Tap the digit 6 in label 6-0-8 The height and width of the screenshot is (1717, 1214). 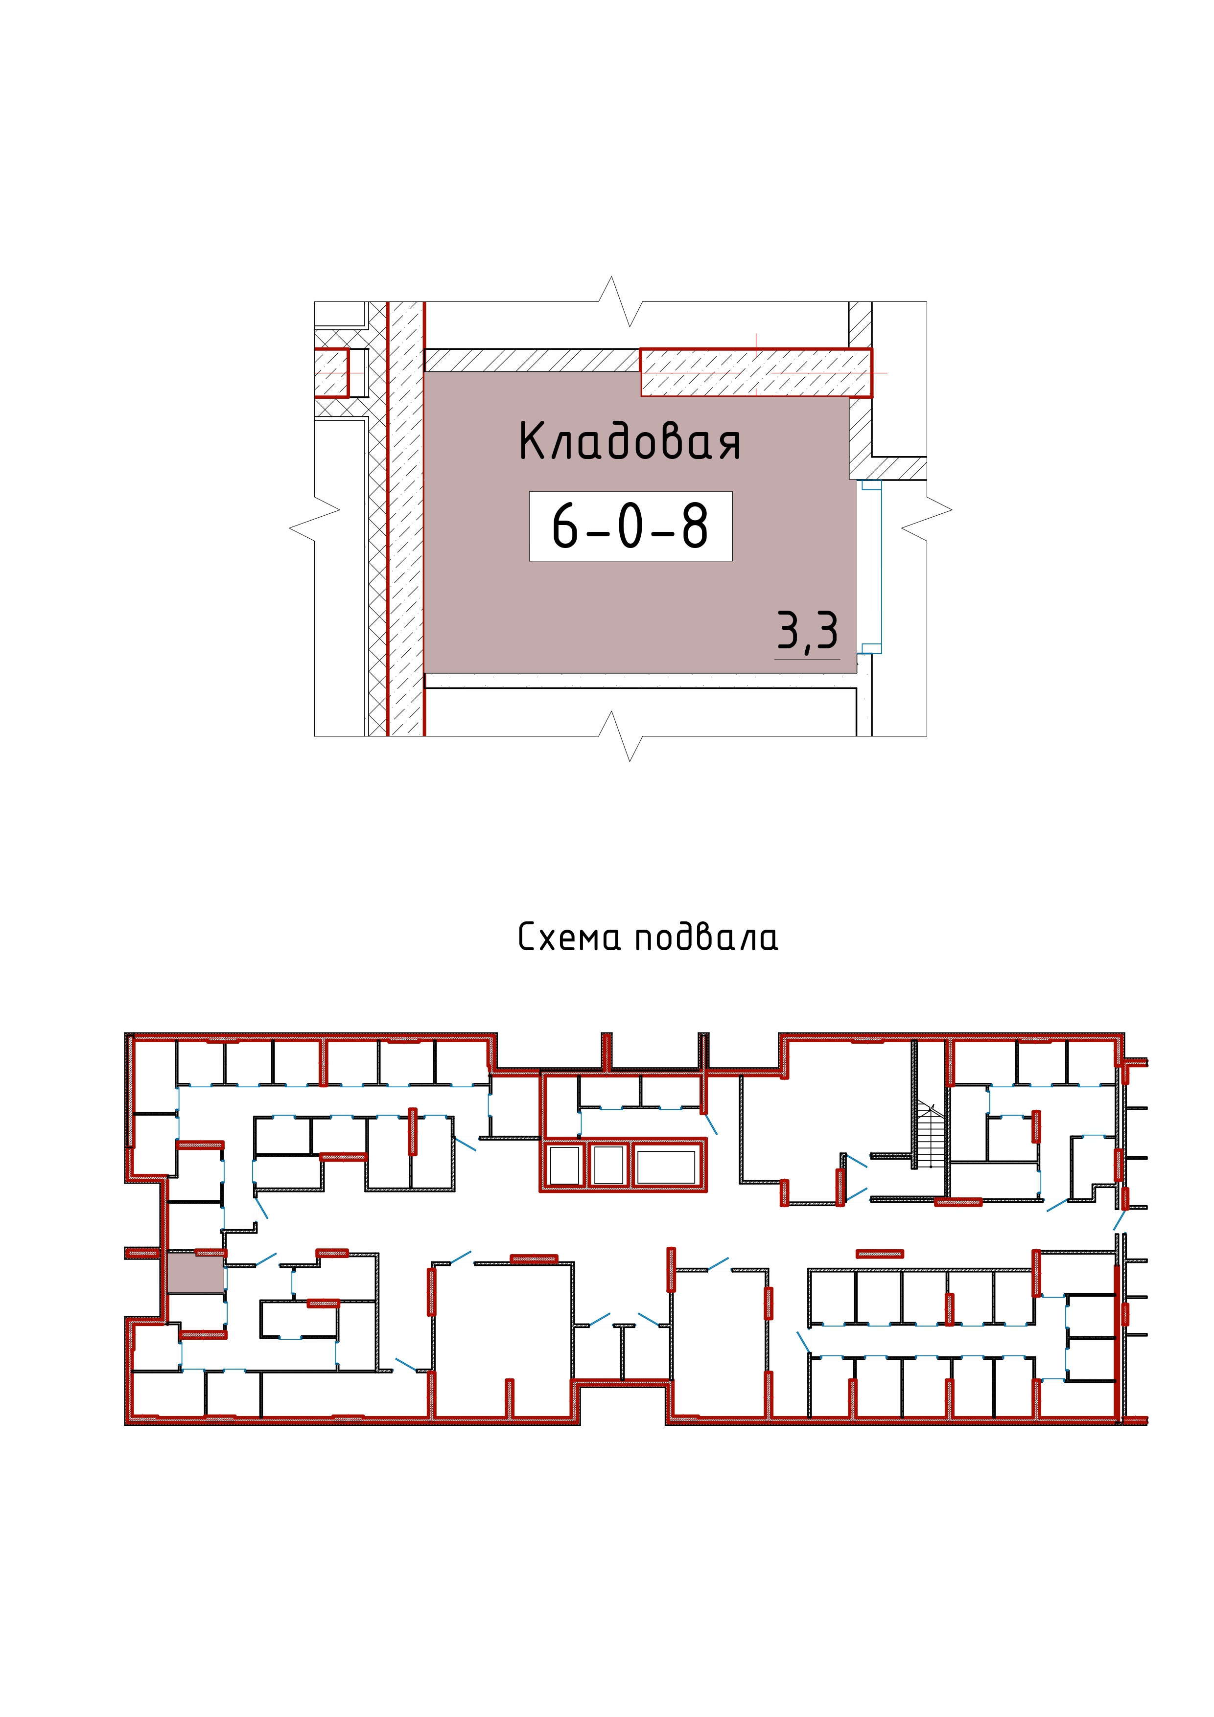(x=565, y=526)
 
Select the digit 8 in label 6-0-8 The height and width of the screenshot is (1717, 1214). (x=695, y=526)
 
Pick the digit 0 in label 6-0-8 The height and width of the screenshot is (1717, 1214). (x=630, y=526)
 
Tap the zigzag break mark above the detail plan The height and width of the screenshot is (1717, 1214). (x=620, y=301)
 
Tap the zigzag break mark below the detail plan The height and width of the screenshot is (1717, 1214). (x=620, y=736)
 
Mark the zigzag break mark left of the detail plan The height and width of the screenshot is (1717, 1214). (x=314, y=519)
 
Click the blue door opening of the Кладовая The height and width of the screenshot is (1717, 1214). (x=871, y=567)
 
